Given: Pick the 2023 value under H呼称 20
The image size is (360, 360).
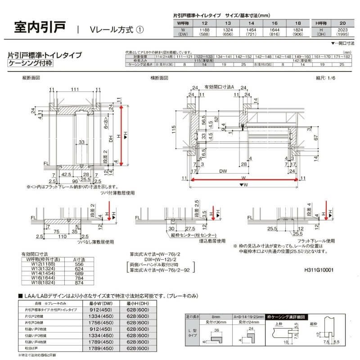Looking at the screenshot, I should pos(342,30).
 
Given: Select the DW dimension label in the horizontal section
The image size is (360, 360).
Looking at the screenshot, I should pos(222,171).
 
